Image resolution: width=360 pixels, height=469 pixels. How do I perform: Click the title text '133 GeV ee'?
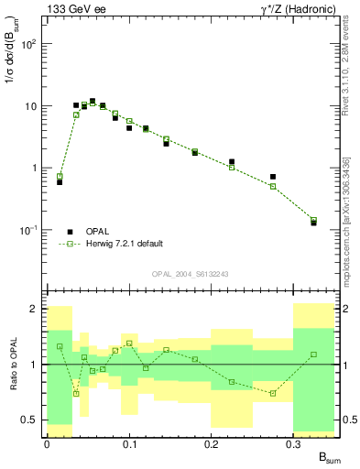pyautogui.click(x=73, y=8)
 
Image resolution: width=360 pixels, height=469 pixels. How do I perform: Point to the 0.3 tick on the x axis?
pyautogui.click(x=294, y=443)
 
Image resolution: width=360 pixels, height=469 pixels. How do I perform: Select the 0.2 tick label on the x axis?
pyautogui.click(x=212, y=443)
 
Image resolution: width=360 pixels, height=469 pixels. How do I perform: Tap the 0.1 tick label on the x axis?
pyautogui.click(x=129, y=443)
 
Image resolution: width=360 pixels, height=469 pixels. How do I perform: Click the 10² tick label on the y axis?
pyautogui.click(x=30, y=43)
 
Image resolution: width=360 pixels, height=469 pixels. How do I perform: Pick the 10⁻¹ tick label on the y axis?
pyautogui.click(x=30, y=230)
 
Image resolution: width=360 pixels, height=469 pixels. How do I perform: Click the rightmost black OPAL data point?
pyautogui.click(x=314, y=223)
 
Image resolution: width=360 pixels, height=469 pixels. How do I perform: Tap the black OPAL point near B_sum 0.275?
pyautogui.click(x=273, y=177)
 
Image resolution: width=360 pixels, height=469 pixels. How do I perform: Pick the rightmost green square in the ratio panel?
pyautogui.click(x=314, y=354)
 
